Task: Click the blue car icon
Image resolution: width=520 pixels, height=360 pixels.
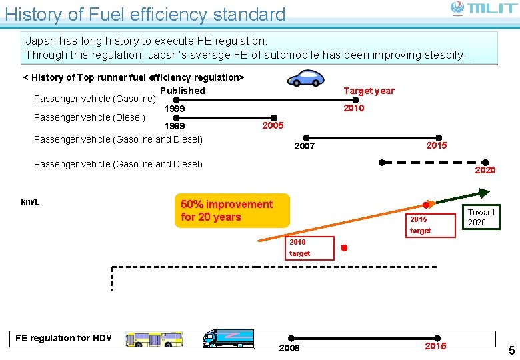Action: pos(305,78)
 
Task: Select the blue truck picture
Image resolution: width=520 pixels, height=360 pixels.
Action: pos(227,338)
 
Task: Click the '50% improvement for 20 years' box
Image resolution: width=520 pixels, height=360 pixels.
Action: pos(232,211)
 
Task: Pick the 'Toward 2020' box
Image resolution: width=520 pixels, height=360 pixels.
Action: pos(481,217)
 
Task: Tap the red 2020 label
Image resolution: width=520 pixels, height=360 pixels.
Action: pos(485,170)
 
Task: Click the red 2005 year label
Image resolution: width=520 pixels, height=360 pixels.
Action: pos(273,125)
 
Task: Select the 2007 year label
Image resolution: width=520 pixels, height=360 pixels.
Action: pos(304,146)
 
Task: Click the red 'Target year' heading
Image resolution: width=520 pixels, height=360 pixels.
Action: pos(369,91)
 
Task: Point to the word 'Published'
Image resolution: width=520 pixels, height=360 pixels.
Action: pos(182,91)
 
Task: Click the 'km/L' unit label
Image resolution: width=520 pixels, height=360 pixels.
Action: pos(30,202)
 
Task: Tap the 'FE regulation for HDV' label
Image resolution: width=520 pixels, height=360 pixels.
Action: pos(64,338)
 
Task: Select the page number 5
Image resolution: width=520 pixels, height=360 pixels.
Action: pos(511,351)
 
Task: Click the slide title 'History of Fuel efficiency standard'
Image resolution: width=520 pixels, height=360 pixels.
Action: pos(145,14)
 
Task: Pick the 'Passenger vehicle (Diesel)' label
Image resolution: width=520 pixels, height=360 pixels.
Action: pos(89,117)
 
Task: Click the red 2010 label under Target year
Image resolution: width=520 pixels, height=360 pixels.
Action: pos(353,108)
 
